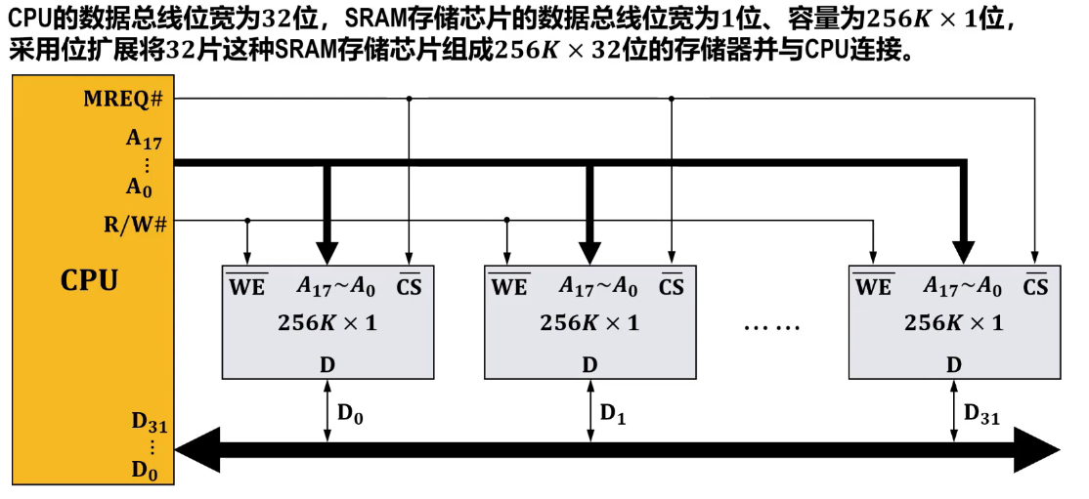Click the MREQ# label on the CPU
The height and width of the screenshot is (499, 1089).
(x=122, y=99)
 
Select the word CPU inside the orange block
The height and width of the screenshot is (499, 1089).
(x=89, y=281)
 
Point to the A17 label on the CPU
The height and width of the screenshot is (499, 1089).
(x=145, y=139)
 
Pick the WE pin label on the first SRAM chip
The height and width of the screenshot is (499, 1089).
(x=246, y=287)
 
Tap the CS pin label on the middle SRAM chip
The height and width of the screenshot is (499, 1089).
(x=672, y=287)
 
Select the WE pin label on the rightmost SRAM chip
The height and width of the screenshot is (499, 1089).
(x=873, y=287)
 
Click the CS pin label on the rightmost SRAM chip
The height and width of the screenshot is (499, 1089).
(x=1035, y=287)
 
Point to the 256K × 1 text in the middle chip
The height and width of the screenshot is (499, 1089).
(x=589, y=323)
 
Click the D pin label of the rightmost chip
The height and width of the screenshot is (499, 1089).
(x=953, y=364)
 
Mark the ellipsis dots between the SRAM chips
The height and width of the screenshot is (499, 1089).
(x=772, y=326)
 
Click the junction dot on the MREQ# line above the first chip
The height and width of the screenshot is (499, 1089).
(x=410, y=99)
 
